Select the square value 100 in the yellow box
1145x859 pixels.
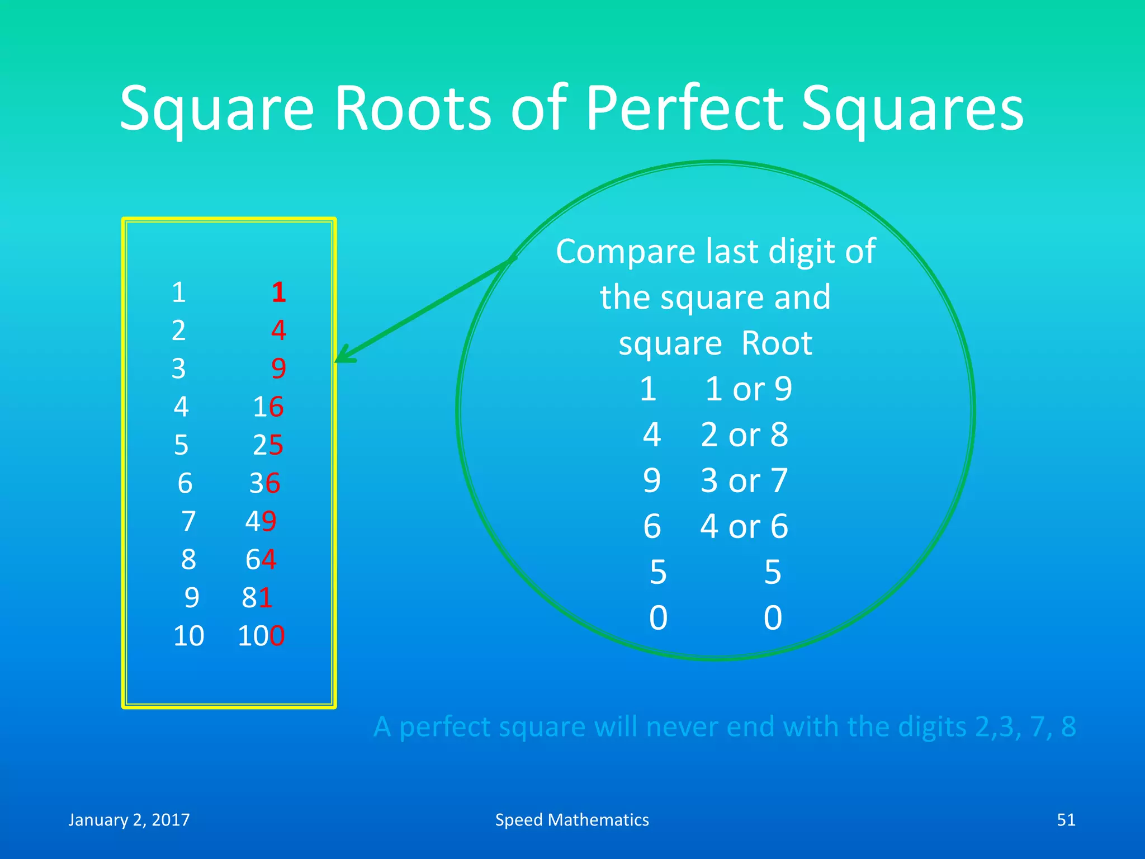261,636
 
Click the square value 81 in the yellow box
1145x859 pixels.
257,598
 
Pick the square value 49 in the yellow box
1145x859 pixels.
261,521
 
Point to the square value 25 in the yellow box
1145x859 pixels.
268,445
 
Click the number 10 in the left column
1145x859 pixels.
188,636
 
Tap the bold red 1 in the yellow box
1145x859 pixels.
278,292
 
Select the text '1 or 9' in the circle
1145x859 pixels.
748,389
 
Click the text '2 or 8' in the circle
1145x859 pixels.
744,435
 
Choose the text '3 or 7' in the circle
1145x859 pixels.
744,480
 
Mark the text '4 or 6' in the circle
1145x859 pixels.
744,526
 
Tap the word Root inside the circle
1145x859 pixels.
776,343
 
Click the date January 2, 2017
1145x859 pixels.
129,820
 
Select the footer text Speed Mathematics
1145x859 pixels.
572,820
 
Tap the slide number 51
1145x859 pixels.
1066,820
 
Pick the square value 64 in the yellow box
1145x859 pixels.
261,559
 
